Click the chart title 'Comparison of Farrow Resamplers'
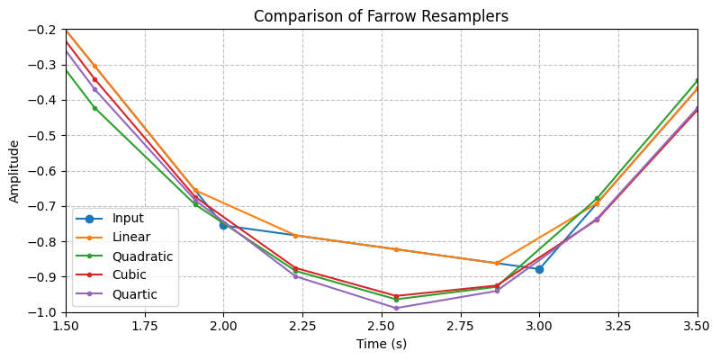(x=381, y=16)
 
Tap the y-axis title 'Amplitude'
(x=14, y=171)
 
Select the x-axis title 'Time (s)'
(x=381, y=345)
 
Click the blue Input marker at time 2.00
(x=223, y=225)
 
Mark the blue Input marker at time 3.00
(x=539, y=269)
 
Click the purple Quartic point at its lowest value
(x=396, y=308)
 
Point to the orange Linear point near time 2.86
(x=496, y=263)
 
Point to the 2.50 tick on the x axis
(x=382, y=313)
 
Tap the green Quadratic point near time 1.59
(x=94, y=108)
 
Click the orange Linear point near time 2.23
(x=295, y=236)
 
